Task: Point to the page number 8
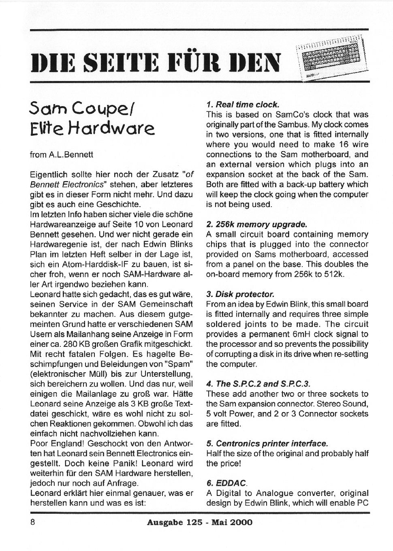(33, 522)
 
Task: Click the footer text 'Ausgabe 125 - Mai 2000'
(199, 522)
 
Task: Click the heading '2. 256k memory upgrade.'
(256, 224)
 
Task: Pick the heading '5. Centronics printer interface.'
(267, 443)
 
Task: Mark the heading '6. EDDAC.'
(226, 483)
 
